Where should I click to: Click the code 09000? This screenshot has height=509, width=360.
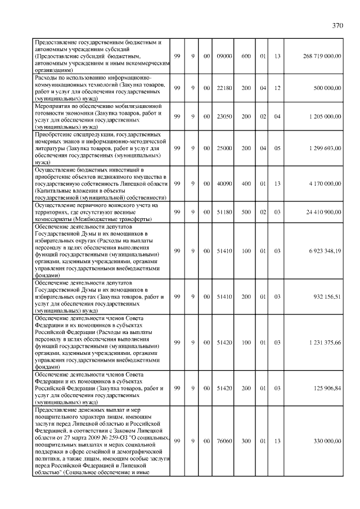tap(224, 56)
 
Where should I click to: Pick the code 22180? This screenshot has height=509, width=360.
tap(224, 88)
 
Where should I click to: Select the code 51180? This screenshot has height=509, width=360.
tap(224, 212)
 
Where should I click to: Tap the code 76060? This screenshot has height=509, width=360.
tap(224, 442)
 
